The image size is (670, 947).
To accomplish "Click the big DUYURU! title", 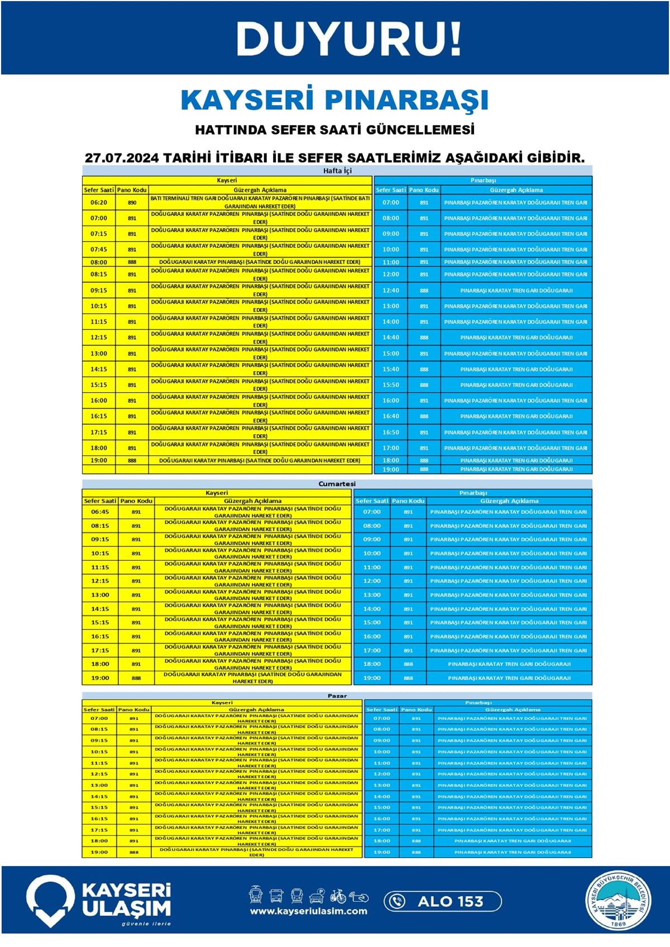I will (x=349, y=39).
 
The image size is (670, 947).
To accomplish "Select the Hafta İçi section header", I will (x=337, y=171).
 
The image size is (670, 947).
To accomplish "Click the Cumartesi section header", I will (x=337, y=484).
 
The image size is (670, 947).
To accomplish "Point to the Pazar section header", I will (x=337, y=695).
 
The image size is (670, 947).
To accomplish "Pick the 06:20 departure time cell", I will (x=99, y=203).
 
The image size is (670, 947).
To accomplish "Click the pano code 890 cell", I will (x=132, y=203).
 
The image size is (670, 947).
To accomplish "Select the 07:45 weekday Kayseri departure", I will (x=99, y=249).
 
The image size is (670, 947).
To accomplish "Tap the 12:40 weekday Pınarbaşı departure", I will (x=391, y=290).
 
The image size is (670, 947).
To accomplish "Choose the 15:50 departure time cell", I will (x=391, y=385).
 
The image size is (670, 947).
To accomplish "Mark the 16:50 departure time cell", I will (x=391, y=432).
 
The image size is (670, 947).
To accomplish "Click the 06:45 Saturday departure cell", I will (x=100, y=512).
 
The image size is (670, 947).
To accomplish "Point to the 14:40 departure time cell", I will (x=391, y=338).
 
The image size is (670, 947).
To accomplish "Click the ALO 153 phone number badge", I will (x=442, y=901).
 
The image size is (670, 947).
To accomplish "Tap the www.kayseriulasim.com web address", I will (x=309, y=911).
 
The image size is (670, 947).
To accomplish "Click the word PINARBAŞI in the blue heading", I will (x=406, y=100).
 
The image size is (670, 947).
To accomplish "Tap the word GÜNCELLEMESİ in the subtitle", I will (x=420, y=130).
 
